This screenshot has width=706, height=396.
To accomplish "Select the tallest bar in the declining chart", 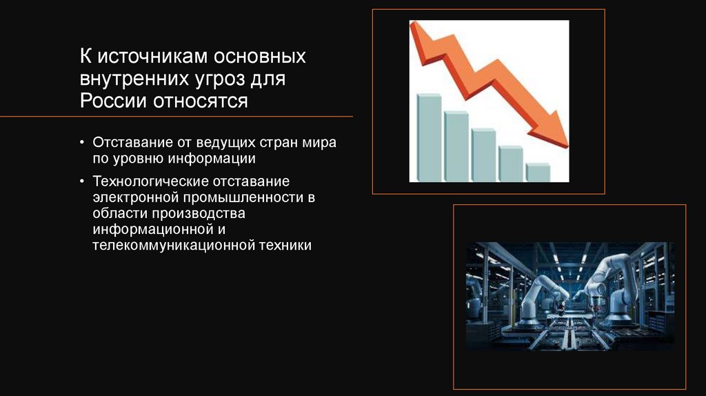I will (x=429, y=137).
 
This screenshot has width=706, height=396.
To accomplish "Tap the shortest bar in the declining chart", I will (x=538, y=172).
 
